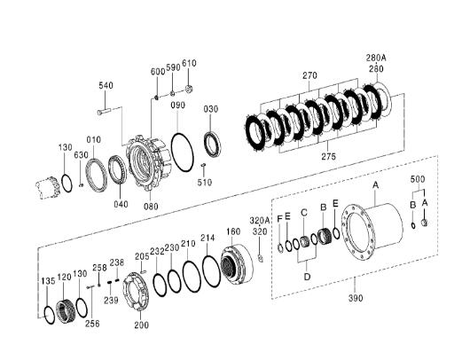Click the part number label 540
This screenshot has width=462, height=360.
tap(106, 85)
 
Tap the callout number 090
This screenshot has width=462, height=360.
tap(178, 106)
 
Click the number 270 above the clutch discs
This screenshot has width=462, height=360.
tap(308, 76)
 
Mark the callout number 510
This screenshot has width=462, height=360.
tap(205, 183)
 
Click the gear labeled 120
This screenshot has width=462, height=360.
tap(64, 311)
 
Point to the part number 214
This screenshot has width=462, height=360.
tap(208, 239)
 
